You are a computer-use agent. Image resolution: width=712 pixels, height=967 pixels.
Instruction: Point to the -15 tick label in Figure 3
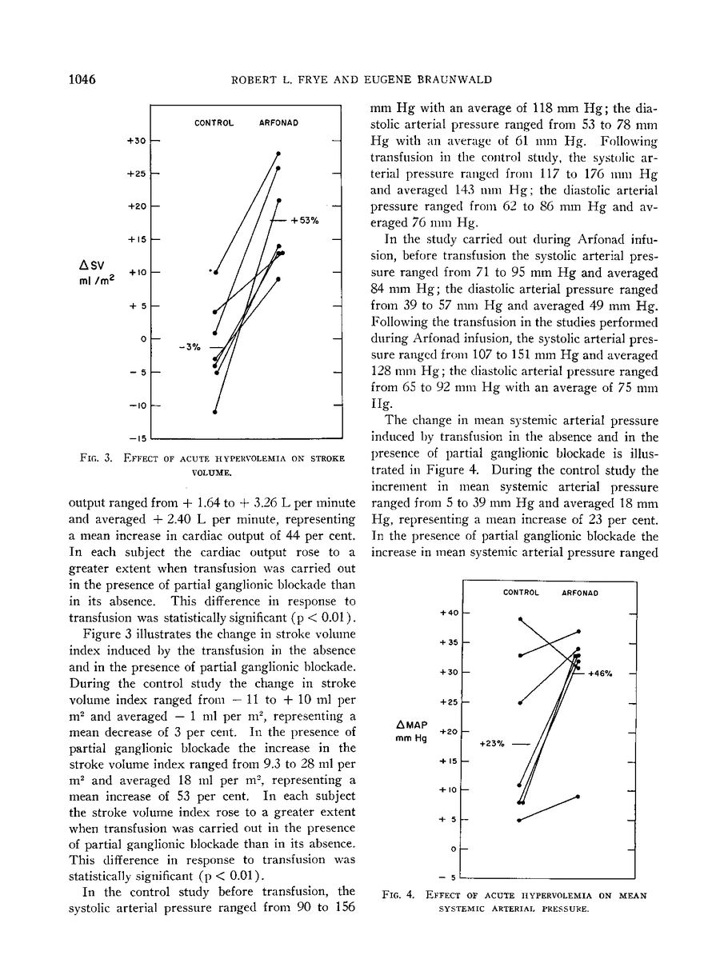click(x=137, y=438)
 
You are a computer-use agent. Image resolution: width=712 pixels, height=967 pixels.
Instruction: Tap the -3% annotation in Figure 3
click(x=189, y=347)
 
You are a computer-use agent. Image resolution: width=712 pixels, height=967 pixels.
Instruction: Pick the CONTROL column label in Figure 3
click(x=214, y=122)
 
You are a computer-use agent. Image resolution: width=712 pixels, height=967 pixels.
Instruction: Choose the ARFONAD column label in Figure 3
click(x=277, y=122)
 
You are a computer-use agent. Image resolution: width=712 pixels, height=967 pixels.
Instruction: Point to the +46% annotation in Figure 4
click(x=600, y=673)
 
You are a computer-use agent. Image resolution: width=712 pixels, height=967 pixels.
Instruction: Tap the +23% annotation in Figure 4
click(x=491, y=743)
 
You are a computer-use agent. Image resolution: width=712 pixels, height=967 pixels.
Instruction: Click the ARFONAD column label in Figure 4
click(x=582, y=593)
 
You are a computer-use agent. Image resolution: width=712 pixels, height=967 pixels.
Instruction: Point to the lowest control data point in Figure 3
click(x=214, y=412)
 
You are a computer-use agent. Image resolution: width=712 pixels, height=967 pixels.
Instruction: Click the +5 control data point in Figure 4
click(x=520, y=820)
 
